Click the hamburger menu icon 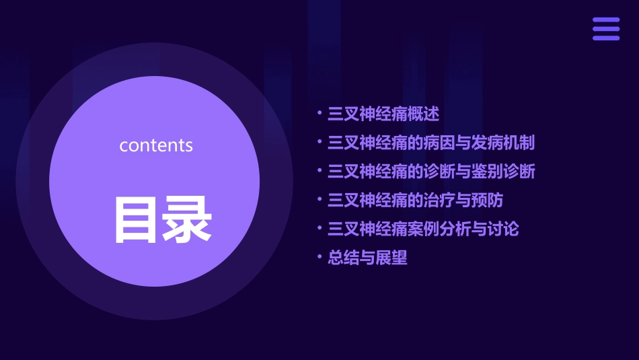605,29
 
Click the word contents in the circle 156,145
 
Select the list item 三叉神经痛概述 383,114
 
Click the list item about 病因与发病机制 430,143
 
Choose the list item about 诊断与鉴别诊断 430,172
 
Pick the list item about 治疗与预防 415,201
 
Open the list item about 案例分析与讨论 422,229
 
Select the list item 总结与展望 367,258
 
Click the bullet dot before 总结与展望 320,257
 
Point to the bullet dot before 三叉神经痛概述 320,113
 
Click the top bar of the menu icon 605,20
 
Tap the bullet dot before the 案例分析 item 320,228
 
